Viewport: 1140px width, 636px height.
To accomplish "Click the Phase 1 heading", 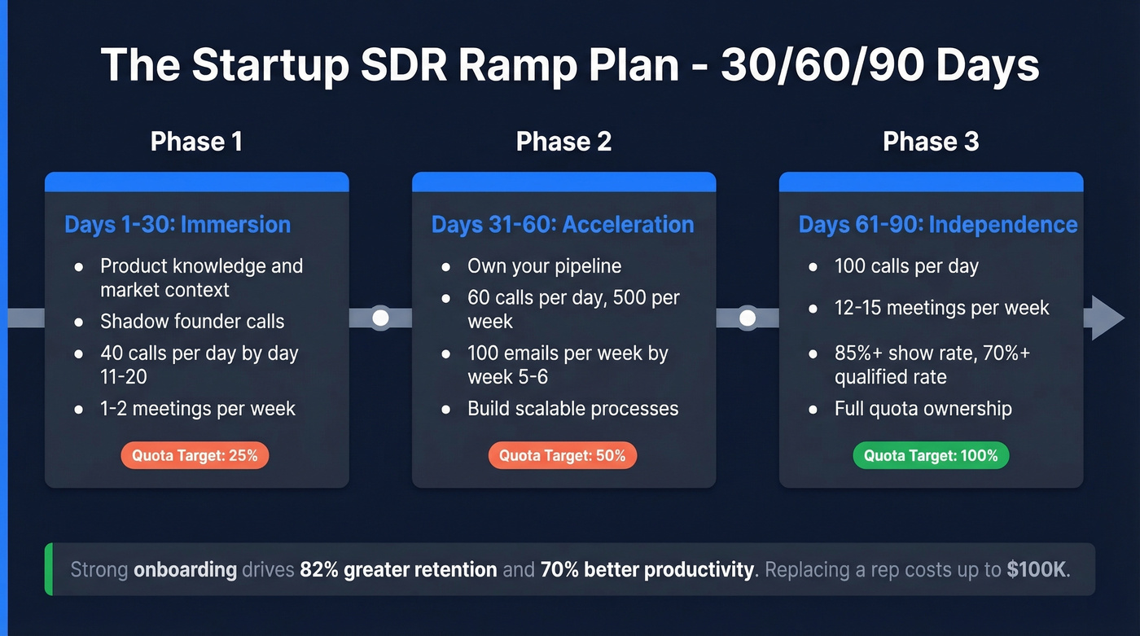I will pos(196,142).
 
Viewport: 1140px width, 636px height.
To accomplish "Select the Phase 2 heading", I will pos(563,142).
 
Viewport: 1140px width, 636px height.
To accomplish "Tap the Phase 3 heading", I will pos(931,142).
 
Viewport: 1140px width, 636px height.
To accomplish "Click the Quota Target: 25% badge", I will pos(195,455).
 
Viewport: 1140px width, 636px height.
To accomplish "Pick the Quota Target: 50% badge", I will pos(563,455).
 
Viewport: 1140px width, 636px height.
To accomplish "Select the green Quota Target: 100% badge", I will pos(931,455).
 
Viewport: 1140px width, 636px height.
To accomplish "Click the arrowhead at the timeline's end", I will pos(1106,318).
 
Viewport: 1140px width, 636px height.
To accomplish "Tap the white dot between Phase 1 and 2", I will pos(380,318).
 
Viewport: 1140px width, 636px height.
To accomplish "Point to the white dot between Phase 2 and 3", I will pos(748,318).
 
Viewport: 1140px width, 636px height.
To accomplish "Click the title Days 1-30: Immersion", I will pos(178,225).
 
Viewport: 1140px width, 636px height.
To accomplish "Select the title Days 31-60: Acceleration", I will pos(563,225).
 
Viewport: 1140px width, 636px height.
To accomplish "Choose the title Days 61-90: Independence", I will pos(938,225).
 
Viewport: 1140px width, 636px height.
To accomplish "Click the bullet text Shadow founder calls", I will pos(192,321).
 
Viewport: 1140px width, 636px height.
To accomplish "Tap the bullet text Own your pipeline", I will pos(544,266).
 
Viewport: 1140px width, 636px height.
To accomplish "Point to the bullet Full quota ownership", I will pos(923,408).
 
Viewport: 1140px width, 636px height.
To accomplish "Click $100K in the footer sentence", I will pos(1036,569).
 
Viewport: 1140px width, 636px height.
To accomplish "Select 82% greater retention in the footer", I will pos(398,569).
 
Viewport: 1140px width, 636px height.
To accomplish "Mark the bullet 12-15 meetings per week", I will pos(941,308).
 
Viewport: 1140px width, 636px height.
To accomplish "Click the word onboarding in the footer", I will pos(185,569).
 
